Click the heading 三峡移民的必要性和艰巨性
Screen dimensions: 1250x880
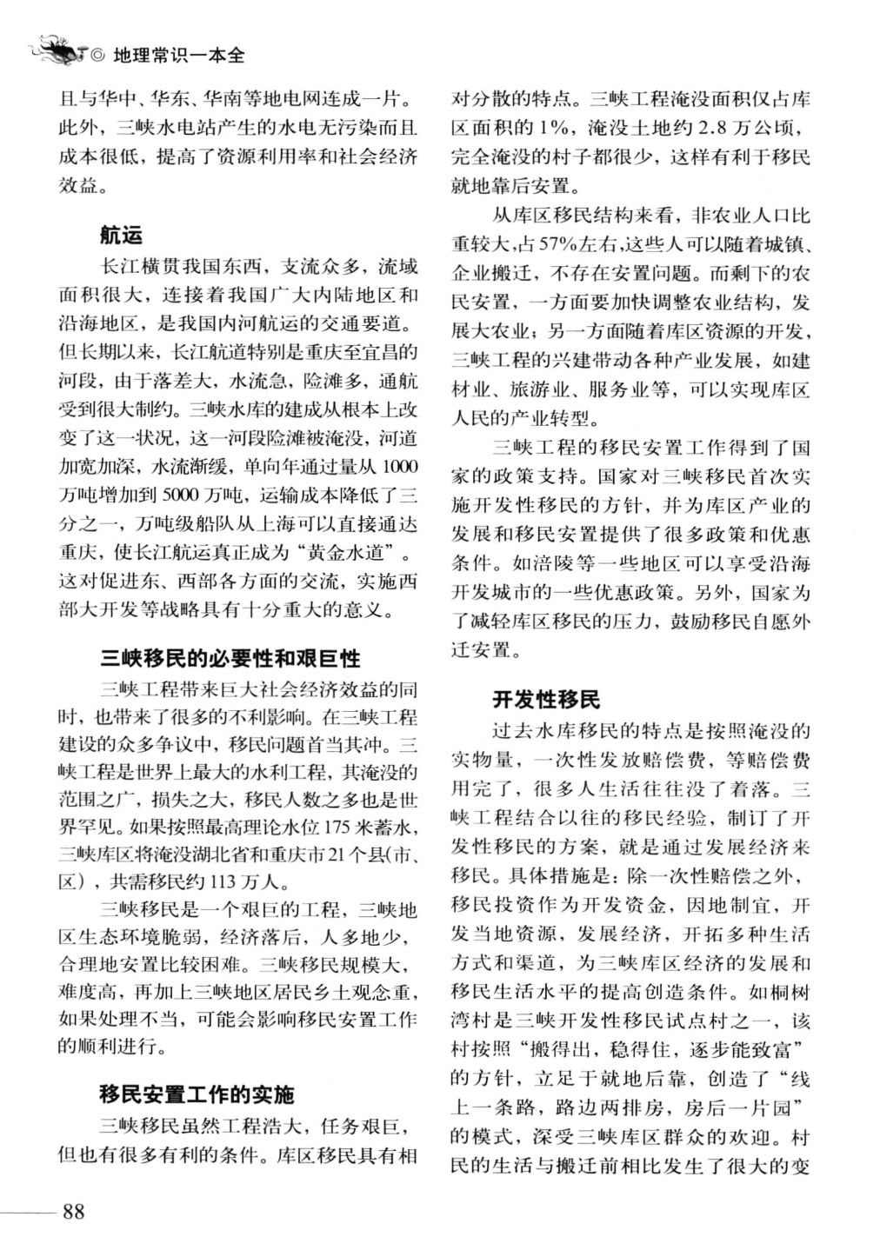pos(230,657)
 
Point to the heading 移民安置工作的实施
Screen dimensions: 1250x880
pos(197,1094)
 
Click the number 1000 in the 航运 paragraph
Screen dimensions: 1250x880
pos(399,468)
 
